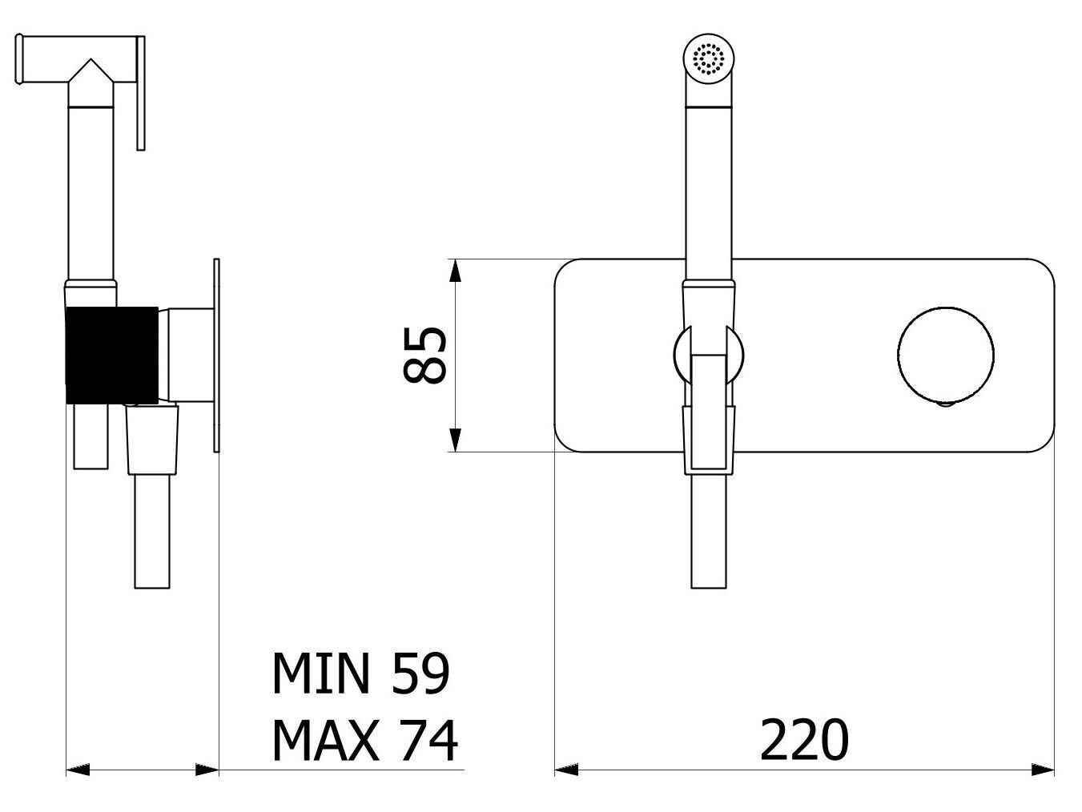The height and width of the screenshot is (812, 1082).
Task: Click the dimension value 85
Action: [424, 355]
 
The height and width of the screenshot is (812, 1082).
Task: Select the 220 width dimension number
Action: [803, 740]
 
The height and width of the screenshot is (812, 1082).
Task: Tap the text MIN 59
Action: [361, 673]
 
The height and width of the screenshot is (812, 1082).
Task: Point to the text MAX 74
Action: [364, 740]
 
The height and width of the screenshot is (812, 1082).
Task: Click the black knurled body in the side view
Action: [111, 354]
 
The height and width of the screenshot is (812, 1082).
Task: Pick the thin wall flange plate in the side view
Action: [215, 356]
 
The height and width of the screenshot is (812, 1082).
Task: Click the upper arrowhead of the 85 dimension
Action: [454, 271]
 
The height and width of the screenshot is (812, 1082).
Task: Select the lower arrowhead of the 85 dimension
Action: [454, 440]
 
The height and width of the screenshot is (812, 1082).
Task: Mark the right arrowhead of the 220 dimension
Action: [1043, 770]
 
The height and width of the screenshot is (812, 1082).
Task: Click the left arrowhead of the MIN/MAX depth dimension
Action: [78, 770]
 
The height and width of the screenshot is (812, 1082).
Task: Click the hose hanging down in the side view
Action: [152, 533]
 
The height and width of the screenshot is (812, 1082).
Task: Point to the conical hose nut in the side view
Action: [152, 440]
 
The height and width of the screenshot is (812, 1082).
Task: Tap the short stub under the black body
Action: [91, 436]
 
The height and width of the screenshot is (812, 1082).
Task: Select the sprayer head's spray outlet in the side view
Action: [22, 60]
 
